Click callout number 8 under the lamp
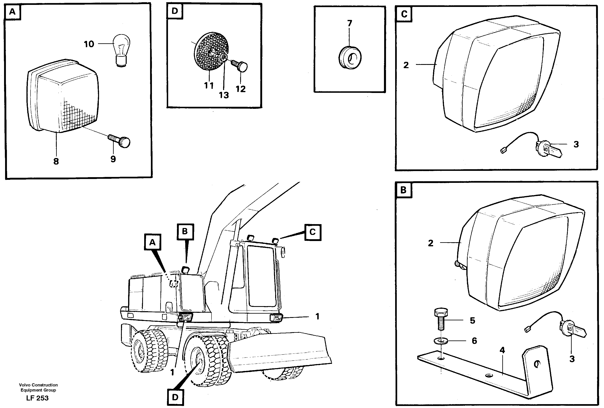(56, 161)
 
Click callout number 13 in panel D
(224, 95)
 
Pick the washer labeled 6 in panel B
(441, 340)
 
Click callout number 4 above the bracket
(502, 350)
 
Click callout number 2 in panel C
(406, 65)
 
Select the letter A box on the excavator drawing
(153, 242)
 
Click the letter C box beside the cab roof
(313, 232)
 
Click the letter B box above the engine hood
(185, 231)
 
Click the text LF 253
(37, 398)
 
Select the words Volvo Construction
(38, 385)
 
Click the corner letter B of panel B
(403, 190)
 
